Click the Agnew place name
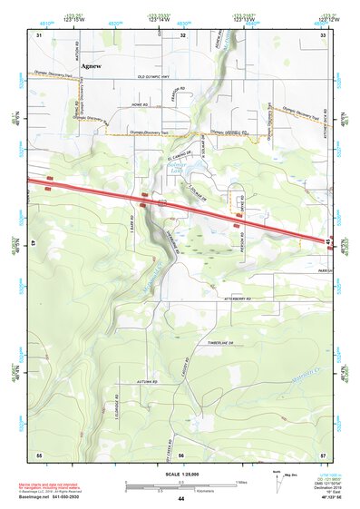91,66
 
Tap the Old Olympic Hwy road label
155,77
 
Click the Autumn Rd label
147,383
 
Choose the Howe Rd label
139,105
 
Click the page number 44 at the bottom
180,499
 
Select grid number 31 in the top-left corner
39,34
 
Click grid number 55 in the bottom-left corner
39,453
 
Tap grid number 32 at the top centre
182,34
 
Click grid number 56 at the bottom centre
182,453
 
